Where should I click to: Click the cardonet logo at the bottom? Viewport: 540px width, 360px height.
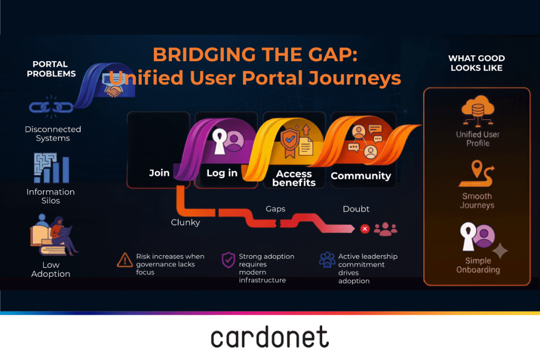[x=269, y=337]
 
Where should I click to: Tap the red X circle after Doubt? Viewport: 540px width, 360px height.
[x=365, y=229]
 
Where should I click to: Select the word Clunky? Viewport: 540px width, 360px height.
[x=185, y=222]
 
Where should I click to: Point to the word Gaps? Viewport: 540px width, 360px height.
[x=275, y=209]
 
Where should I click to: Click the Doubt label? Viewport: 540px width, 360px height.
[x=356, y=209]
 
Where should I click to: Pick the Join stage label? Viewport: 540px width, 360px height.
[x=159, y=173]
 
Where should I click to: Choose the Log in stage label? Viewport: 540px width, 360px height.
[x=222, y=173]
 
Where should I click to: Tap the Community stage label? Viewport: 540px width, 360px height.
[x=361, y=176]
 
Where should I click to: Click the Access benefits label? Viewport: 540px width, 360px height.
[x=294, y=178]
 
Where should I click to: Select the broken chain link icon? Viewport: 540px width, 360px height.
[x=51, y=108]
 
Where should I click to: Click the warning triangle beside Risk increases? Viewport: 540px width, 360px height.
[x=124, y=260]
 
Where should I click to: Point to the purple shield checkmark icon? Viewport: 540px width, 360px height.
[x=228, y=260]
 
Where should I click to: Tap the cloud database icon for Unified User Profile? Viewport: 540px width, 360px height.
[x=478, y=111]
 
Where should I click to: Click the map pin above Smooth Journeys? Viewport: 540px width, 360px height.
[x=477, y=169]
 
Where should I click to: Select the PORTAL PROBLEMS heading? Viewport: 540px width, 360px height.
[x=51, y=69]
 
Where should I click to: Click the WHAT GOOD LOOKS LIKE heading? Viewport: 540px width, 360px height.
[x=477, y=63]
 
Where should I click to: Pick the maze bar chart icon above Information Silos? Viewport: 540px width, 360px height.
[x=51, y=168]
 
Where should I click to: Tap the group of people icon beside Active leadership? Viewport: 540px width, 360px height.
[x=327, y=260]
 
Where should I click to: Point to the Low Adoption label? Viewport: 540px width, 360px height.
[x=51, y=269]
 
